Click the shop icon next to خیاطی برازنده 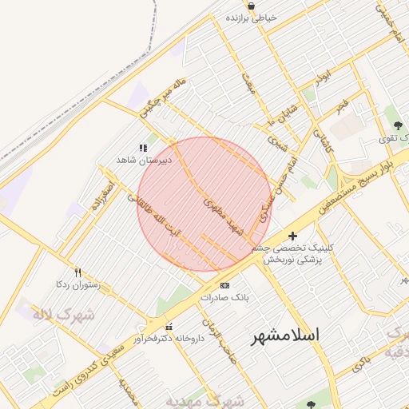click(251, 6)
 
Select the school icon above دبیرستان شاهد click(143, 148)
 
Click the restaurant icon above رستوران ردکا click(77, 272)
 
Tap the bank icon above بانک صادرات click(224, 285)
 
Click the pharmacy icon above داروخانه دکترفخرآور click(169, 327)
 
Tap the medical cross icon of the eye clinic click(292, 236)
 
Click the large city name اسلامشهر click(285, 335)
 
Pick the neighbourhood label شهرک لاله click(63, 314)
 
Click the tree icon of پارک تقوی click(397, 125)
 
